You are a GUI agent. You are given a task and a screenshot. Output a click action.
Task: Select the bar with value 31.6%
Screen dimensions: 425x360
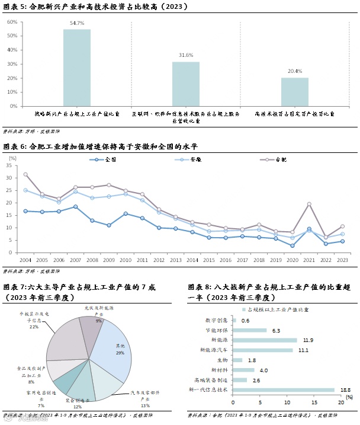[186, 84]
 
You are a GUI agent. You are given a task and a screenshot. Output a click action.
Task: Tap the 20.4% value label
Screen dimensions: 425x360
[294, 71]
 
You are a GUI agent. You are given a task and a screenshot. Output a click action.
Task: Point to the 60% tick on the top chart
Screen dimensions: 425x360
[11, 22]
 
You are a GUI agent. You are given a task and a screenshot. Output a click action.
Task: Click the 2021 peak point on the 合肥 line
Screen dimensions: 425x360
[309, 204]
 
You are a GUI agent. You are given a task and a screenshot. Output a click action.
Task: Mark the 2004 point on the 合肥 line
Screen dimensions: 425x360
[25, 174]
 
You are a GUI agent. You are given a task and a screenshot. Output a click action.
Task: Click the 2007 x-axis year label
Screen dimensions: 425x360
[75, 260]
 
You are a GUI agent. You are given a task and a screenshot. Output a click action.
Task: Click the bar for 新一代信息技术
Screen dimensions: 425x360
[284, 389]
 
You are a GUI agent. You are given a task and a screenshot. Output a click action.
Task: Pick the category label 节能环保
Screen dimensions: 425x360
[217, 330]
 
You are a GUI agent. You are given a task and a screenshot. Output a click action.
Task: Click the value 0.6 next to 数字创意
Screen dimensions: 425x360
[245, 320]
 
